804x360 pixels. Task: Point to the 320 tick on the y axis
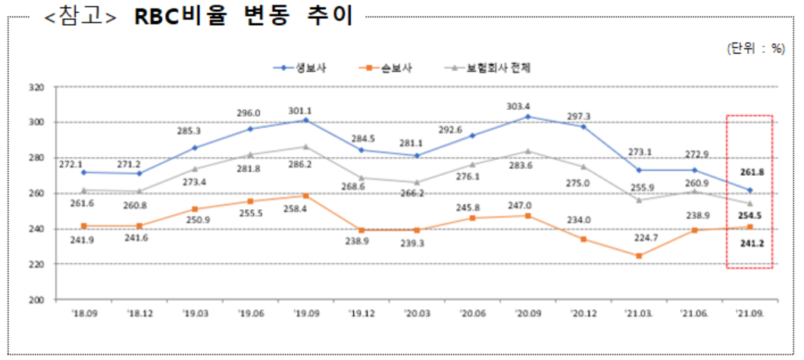(x=36, y=87)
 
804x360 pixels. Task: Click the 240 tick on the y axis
(x=36, y=229)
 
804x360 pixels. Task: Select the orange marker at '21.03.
(x=639, y=256)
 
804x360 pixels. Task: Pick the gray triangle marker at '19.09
(x=305, y=146)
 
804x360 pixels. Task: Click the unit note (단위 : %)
(x=756, y=47)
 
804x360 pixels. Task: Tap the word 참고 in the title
(x=80, y=17)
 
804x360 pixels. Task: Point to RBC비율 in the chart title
(x=181, y=17)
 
